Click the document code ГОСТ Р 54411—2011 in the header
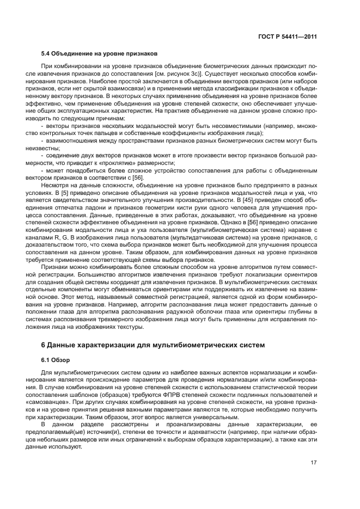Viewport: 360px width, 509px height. [288, 37]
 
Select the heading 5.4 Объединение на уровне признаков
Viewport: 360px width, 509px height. [100, 53]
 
